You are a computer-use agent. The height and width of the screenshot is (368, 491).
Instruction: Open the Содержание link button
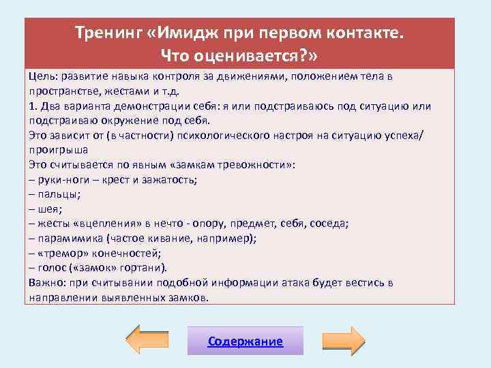click(x=245, y=341)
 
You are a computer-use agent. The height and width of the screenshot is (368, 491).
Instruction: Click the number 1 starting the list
click(x=32, y=106)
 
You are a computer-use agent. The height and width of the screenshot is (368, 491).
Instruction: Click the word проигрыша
click(x=59, y=150)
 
